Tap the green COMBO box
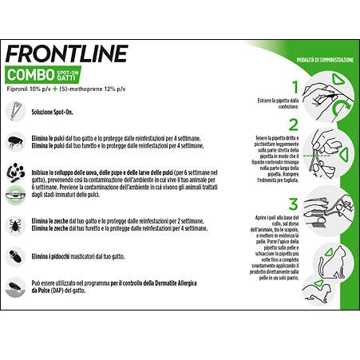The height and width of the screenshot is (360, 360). (31, 76)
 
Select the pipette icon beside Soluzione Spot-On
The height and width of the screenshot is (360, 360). (15, 116)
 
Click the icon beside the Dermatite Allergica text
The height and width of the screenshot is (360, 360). (15, 287)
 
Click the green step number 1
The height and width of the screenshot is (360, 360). (295, 87)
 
